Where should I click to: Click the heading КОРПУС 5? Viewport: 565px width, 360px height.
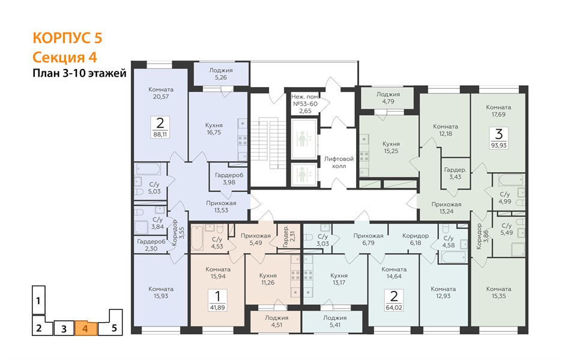(67, 38)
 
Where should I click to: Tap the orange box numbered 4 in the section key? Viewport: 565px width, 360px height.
(86, 328)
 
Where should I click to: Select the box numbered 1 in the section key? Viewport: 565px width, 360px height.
(38, 300)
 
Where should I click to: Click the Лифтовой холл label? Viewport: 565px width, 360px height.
(339, 163)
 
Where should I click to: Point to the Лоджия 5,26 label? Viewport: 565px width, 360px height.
(221, 74)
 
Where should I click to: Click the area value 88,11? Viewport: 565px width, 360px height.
(160, 134)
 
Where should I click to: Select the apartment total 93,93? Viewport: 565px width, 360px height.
(499, 145)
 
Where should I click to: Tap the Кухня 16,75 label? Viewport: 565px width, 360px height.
(214, 129)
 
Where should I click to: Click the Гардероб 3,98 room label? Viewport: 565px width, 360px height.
(229, 179)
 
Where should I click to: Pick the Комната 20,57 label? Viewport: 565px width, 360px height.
(161, 93)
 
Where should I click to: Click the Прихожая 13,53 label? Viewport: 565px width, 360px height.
(221, 206)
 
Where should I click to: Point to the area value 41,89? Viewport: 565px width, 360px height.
(217, 307)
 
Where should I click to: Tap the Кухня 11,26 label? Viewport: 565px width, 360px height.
(268, 279)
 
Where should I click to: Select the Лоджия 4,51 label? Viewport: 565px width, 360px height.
(276, 321)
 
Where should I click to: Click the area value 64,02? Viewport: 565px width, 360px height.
(394, 307)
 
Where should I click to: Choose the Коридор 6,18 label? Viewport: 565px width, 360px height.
(415, 239)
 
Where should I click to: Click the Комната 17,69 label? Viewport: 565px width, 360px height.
(498, 110)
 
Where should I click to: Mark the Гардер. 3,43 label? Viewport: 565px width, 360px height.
(455, 173)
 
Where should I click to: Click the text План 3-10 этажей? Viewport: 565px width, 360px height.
(80, 73)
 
